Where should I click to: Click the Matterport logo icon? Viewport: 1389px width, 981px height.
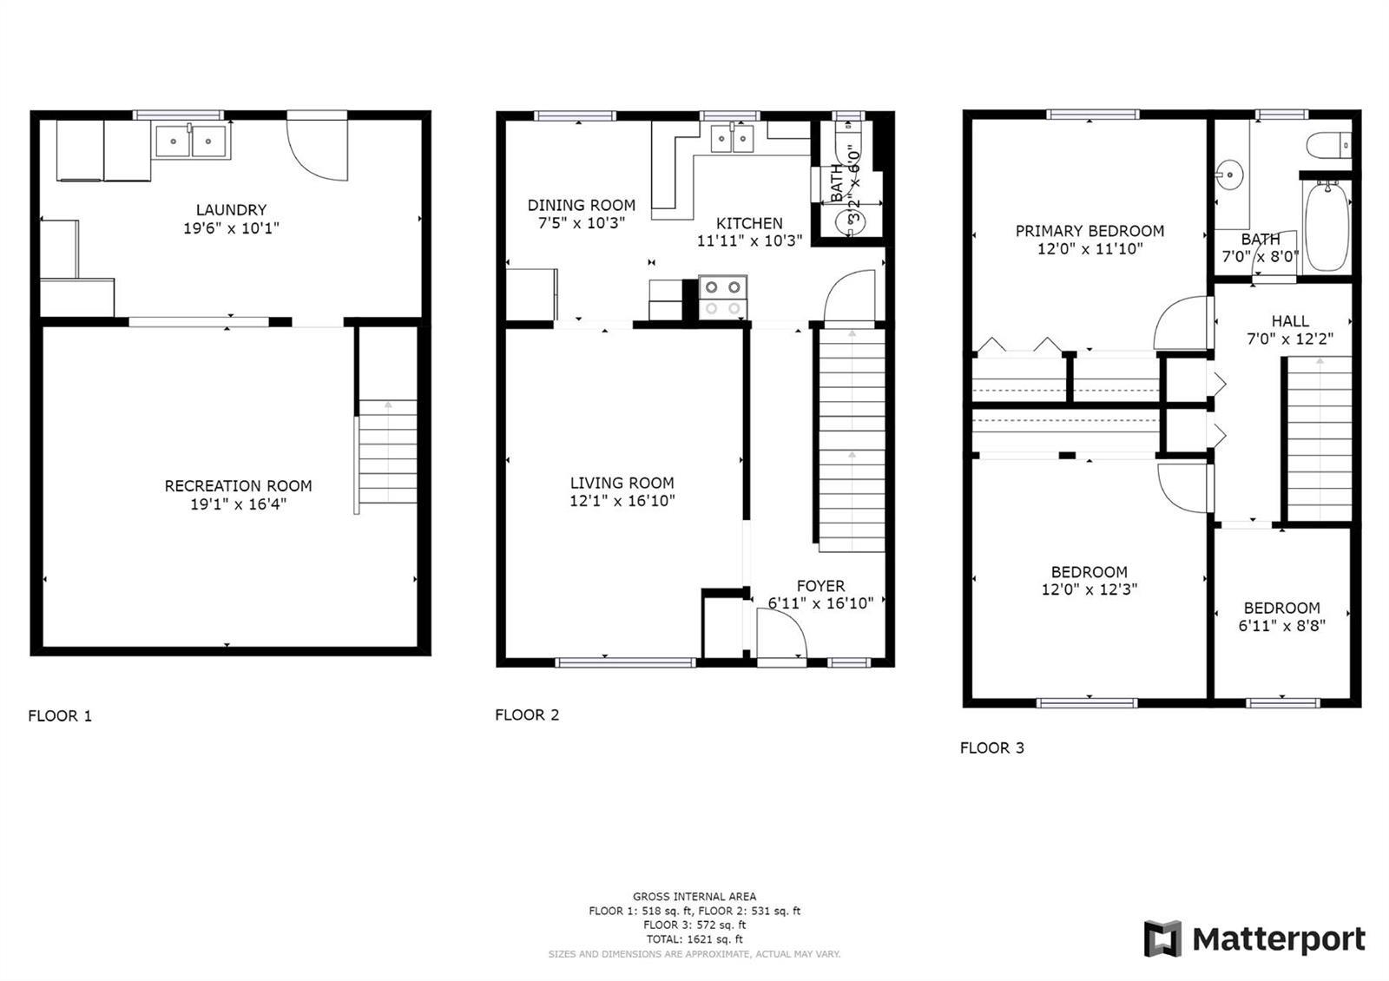[1162, 938]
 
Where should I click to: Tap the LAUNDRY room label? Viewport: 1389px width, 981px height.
[231, 210]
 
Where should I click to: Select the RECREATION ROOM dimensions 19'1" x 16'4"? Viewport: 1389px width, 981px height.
[238, 504]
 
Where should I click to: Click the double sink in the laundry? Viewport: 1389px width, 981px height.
[192, 141]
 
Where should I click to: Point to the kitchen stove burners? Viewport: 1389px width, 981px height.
[723, 298]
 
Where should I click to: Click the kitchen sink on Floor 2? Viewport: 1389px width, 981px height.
[733, 138]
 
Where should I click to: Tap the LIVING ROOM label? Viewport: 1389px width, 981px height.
[622, 483]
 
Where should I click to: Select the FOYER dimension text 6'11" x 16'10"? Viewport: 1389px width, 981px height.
[821, 602]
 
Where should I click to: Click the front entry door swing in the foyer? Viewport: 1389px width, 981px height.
[782, 633]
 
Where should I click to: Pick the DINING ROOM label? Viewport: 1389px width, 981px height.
[582, 205]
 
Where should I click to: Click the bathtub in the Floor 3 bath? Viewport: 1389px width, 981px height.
[1327, 226]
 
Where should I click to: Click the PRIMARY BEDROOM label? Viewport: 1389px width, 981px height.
[1089, 231]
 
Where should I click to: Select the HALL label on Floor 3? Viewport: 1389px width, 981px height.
[1290, 321]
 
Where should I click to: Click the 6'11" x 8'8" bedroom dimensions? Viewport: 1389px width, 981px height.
[1281, 626]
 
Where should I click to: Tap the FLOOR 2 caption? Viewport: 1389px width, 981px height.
[527, 715]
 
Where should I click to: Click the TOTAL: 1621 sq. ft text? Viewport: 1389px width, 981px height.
[694, 939]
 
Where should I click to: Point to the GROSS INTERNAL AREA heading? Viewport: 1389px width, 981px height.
[694, 897]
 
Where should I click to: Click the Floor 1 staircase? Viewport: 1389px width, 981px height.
[387, 451]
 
